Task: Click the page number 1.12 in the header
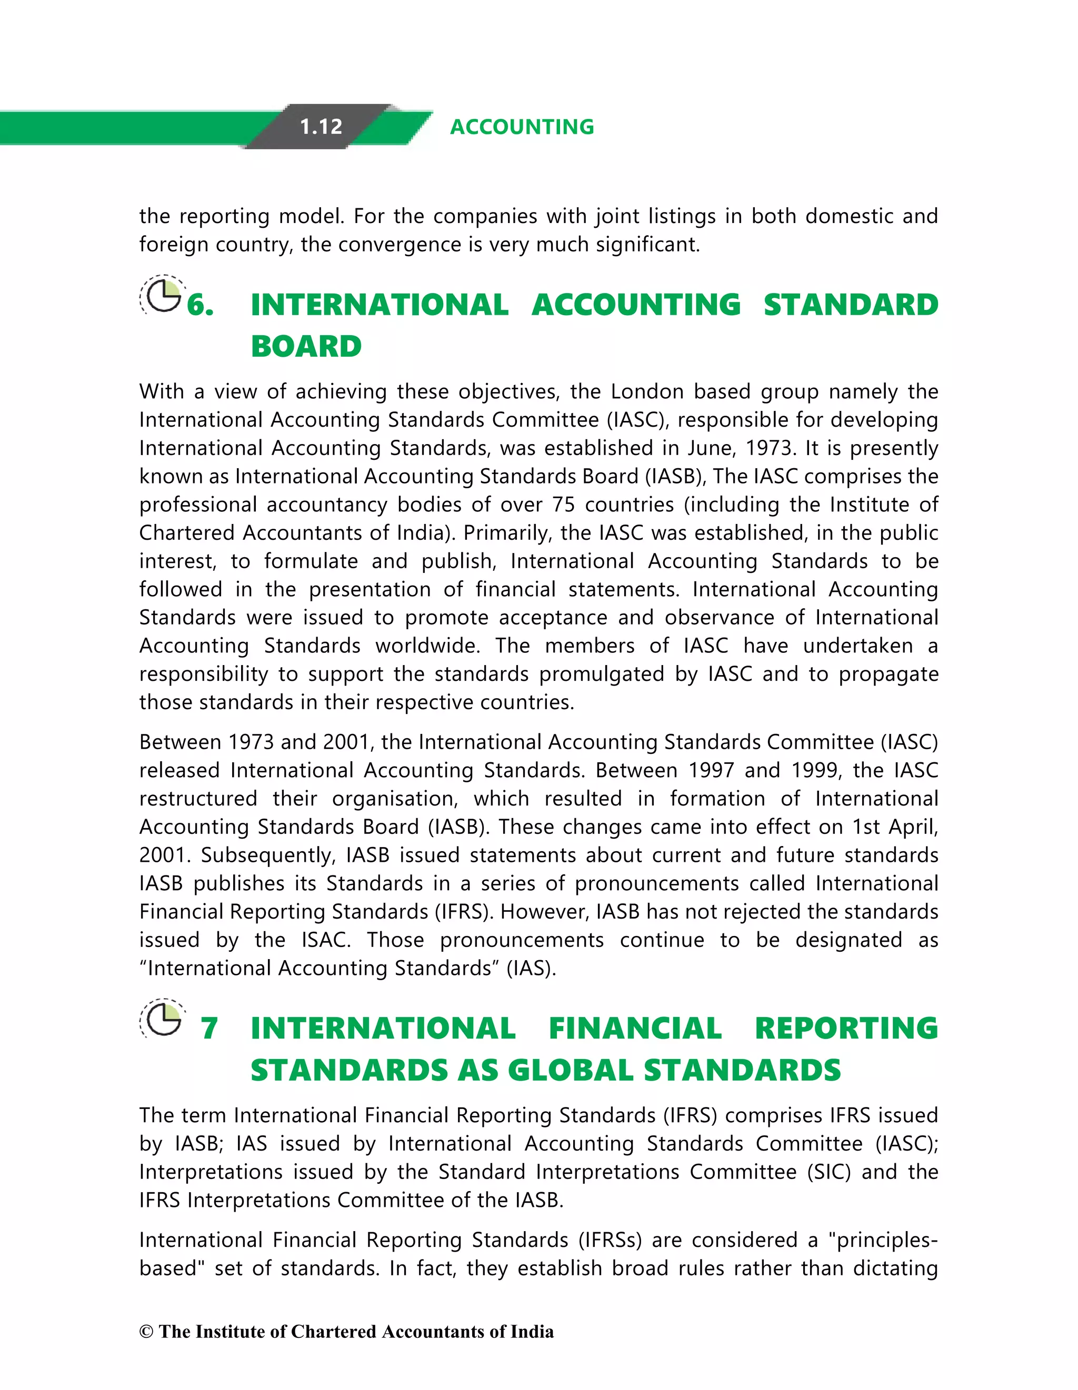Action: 321,127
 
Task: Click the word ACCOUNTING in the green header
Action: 522,127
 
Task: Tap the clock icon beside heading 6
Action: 162,295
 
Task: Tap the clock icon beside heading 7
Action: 162,1019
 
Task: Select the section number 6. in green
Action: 201,305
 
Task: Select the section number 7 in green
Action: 209,1029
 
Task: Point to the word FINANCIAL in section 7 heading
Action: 635,1029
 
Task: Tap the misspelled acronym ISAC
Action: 325,940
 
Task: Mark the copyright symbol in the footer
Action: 146,1332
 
